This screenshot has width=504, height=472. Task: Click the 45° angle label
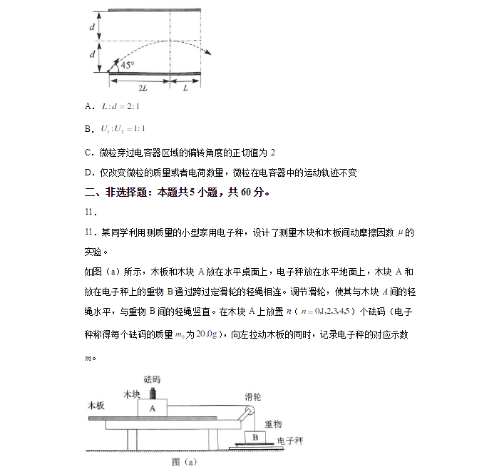(x=128, y=64)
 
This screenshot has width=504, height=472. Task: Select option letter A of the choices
(x=89, y=107)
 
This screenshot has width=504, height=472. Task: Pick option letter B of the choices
(x=89, y=129)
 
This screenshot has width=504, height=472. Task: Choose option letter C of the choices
(x=89, y=152)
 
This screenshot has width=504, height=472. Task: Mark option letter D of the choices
(x=89, y=172)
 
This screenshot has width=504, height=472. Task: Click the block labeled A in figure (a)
(x=152, y=409)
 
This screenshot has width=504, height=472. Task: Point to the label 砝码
(x=153, y=378)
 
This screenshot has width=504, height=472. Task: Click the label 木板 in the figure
(x=96, y=405)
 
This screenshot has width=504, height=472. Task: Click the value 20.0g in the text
(x=207, y=335)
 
